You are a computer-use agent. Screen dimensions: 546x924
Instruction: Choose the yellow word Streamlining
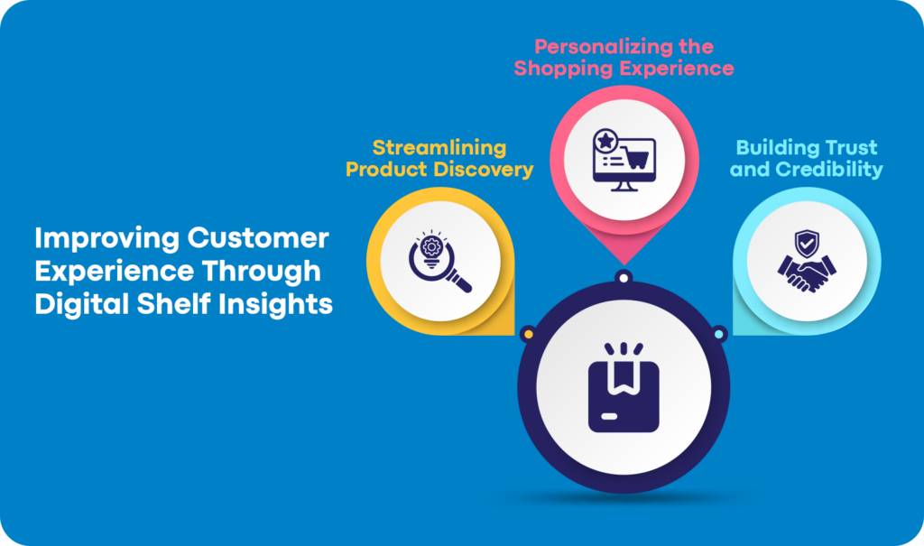439,148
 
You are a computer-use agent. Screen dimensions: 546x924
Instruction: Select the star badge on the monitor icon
605,141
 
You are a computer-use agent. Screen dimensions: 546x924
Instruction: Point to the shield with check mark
806,242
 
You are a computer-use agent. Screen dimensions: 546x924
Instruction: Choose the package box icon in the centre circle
622,388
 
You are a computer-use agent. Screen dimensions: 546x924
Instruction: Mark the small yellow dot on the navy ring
528,335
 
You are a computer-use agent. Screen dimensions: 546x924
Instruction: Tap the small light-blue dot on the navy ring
718,335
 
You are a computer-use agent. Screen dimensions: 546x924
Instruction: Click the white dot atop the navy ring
623,276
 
